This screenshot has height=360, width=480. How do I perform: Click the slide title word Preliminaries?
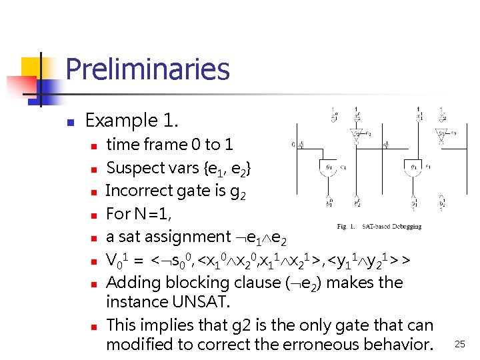coord(147,69)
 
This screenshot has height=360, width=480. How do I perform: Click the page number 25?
coord(459,344)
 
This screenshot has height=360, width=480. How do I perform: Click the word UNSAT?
coord(199,302)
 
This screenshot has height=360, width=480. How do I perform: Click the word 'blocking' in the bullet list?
coord(187,283)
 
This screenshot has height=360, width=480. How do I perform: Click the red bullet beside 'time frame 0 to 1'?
coord(95,145)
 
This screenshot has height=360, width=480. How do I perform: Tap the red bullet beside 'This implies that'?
coord(95,327)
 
